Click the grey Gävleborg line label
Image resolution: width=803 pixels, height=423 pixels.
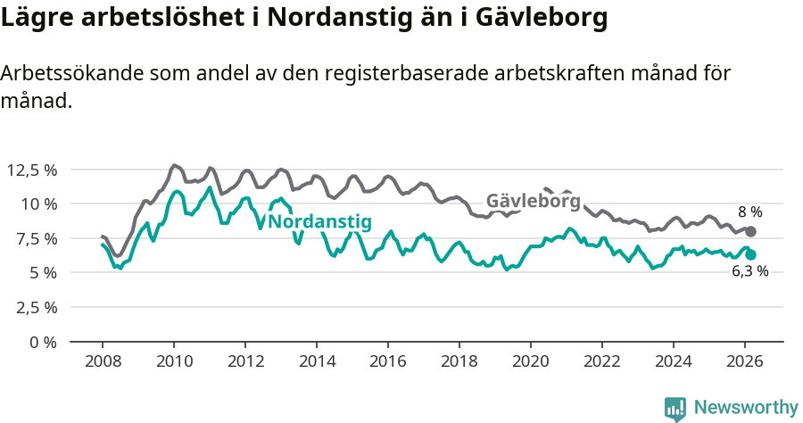(x=533, y=201)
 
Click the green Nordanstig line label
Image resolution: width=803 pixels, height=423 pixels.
(x=320, y=222)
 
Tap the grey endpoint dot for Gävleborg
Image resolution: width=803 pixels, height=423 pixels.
(x=750, y=231)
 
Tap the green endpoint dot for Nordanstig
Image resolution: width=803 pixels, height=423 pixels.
(x=750, y=254)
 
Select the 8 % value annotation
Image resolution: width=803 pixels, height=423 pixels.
(x=749, y=212)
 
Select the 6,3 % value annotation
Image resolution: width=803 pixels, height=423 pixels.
(x=749, y=272)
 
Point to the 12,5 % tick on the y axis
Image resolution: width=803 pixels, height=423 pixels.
(x=31, y=170)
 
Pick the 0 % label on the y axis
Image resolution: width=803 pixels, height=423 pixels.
(x=42, y=342)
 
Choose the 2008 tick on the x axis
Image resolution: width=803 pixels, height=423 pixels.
(x=103, y=361)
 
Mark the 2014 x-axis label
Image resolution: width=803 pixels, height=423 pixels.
(x=317, y=361)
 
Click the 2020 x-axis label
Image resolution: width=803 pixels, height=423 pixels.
(x=531, y=361)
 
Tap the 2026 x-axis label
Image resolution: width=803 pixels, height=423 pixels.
(x=745, y=361)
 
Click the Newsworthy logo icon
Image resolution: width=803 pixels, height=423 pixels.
(x=675, y=408)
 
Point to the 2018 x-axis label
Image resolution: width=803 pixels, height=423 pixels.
(x=459, y=361)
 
